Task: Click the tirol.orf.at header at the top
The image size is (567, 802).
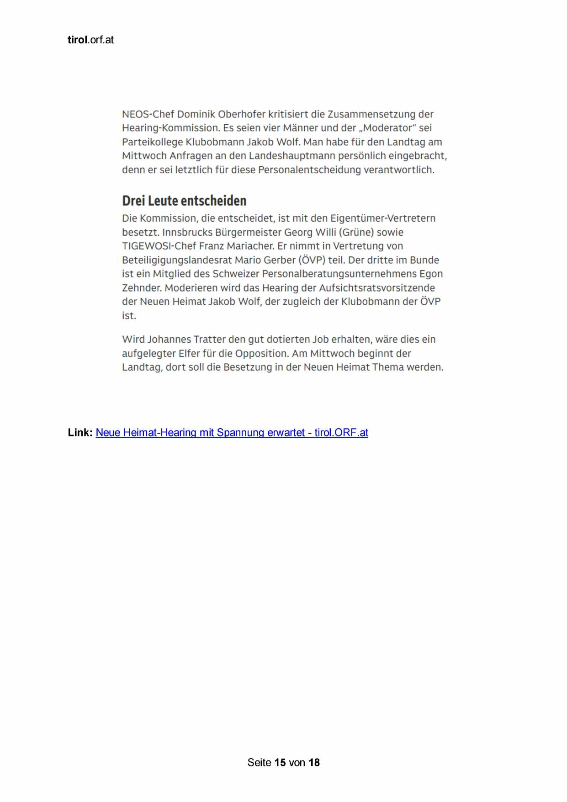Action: [x=90, y=40]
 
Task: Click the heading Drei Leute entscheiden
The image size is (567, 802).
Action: [x=184, y=201]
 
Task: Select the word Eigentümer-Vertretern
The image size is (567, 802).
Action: [x=383, y=218]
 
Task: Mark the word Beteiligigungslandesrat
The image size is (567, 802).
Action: [x=178, y=260]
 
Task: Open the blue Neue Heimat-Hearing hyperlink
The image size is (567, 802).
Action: [x=232, y=433]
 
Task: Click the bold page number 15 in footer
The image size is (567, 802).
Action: [x=280, y=762]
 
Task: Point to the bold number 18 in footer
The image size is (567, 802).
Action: [x=314, y=762]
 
